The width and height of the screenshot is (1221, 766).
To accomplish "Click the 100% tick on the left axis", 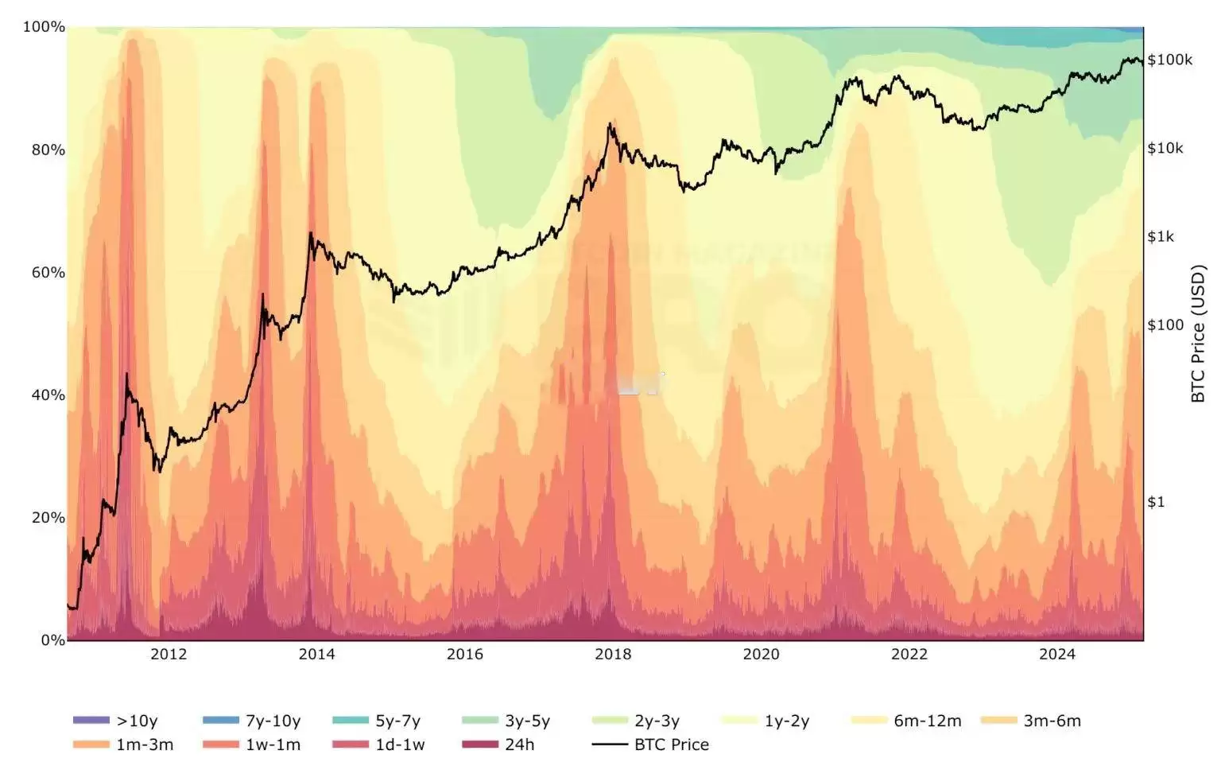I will coord(44,27).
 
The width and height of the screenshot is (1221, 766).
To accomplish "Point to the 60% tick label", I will coord(48,272).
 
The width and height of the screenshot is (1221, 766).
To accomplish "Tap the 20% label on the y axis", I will coord(48,517).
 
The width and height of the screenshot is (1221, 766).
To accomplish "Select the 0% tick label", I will coord(52,640).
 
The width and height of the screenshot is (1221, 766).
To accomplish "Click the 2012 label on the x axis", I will coord(169,654).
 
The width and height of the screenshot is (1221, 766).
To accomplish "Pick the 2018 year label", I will coord(613,654).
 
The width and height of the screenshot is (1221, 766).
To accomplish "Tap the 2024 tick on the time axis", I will coord(1056,654).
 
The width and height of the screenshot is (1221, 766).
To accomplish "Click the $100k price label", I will coord(1169,60).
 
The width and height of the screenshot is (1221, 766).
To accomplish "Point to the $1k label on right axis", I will coord(1160,236).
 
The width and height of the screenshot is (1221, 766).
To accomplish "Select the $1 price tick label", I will coord(1155,501).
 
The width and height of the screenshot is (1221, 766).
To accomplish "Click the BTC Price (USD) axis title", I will coord(1198,334).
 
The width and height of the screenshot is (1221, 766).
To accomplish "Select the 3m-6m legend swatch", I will coord(999,721).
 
